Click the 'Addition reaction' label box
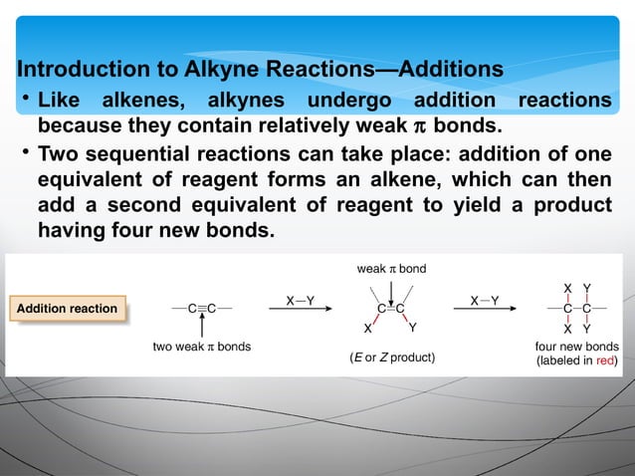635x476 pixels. pos(68,309)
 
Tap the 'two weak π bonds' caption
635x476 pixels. pos(201,347)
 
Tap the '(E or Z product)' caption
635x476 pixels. pos(392,357)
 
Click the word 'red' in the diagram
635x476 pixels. pos(605,360)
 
